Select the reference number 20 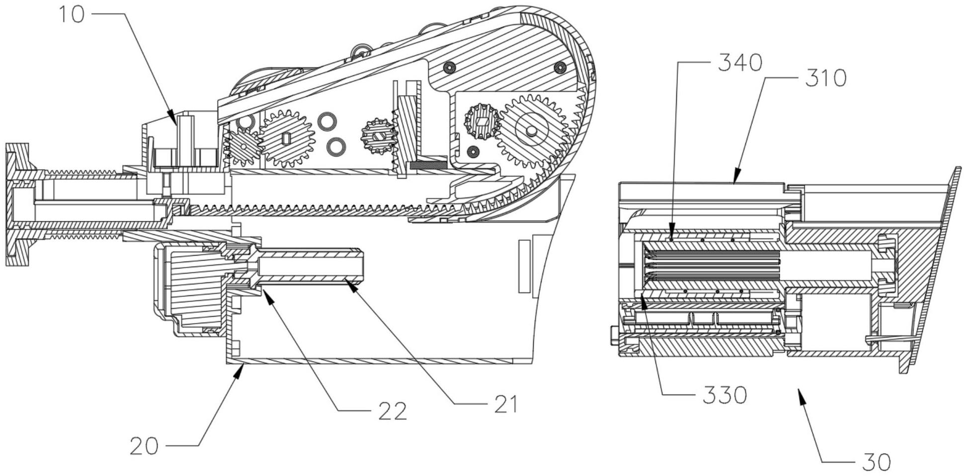(144, 446)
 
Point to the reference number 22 (393, 411)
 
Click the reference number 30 (877, 462)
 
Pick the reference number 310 (825, 78)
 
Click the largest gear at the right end (531, 131)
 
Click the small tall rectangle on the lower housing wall (524, 267)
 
